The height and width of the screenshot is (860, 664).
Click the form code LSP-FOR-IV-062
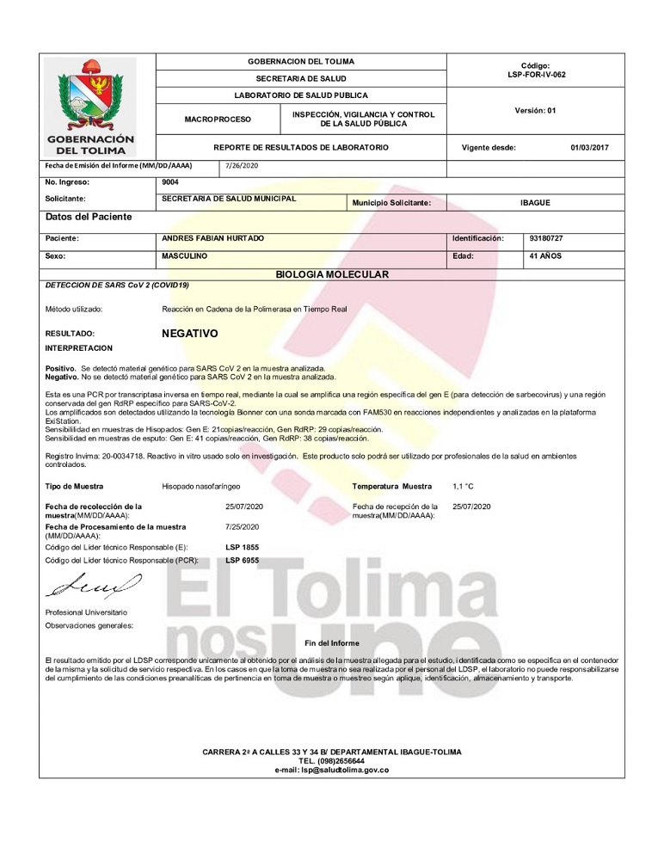pos(536,75)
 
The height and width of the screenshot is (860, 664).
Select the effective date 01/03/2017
pos(589,148)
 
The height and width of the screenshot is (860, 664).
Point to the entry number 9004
pos(170,182)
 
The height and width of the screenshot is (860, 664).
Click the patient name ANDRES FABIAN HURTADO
pos(213,237)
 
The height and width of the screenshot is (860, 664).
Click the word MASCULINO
pos(187,256)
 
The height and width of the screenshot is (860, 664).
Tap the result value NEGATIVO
pos(190,333)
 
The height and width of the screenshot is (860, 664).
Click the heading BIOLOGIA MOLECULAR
pos(332,274)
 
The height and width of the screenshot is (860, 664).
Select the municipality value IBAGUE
pos(536,203)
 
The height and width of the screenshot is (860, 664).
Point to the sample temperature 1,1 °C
pos(463,487)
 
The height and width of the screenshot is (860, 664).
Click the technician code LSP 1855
pos(242,547)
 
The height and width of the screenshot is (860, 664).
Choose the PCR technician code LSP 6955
pos(242,560)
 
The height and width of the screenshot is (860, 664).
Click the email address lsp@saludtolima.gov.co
pos(332,770)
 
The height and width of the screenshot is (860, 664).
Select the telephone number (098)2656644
pos(332,761)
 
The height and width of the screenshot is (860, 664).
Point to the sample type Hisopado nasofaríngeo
pos(201,487)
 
